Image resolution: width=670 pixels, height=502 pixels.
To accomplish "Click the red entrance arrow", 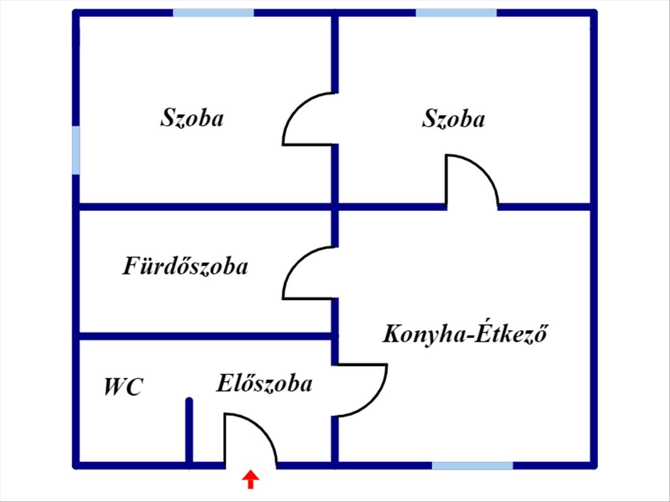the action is [251, 479].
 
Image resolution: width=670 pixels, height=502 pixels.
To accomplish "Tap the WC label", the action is [123, 387].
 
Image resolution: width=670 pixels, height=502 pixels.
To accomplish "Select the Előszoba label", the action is [264, 383].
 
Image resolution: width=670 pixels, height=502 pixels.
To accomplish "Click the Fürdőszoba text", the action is [185, 266].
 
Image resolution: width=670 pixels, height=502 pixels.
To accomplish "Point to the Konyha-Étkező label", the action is [465, 334].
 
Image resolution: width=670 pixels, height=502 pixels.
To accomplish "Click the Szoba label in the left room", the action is [192, 117].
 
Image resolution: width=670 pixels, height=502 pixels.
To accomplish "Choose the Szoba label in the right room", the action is [453, 118].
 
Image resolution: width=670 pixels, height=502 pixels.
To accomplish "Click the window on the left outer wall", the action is [76, 150].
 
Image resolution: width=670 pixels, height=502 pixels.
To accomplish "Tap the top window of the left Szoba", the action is [213, 13].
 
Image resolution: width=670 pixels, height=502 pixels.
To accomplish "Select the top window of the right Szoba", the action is [456, 13].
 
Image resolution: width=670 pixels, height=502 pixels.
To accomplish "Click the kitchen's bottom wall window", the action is [472, 466].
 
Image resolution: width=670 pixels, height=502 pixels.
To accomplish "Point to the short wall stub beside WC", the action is [189, 433].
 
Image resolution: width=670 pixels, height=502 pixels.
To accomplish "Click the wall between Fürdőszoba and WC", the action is [205, 336].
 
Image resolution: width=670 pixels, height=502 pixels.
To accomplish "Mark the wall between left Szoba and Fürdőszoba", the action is [205, 206].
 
